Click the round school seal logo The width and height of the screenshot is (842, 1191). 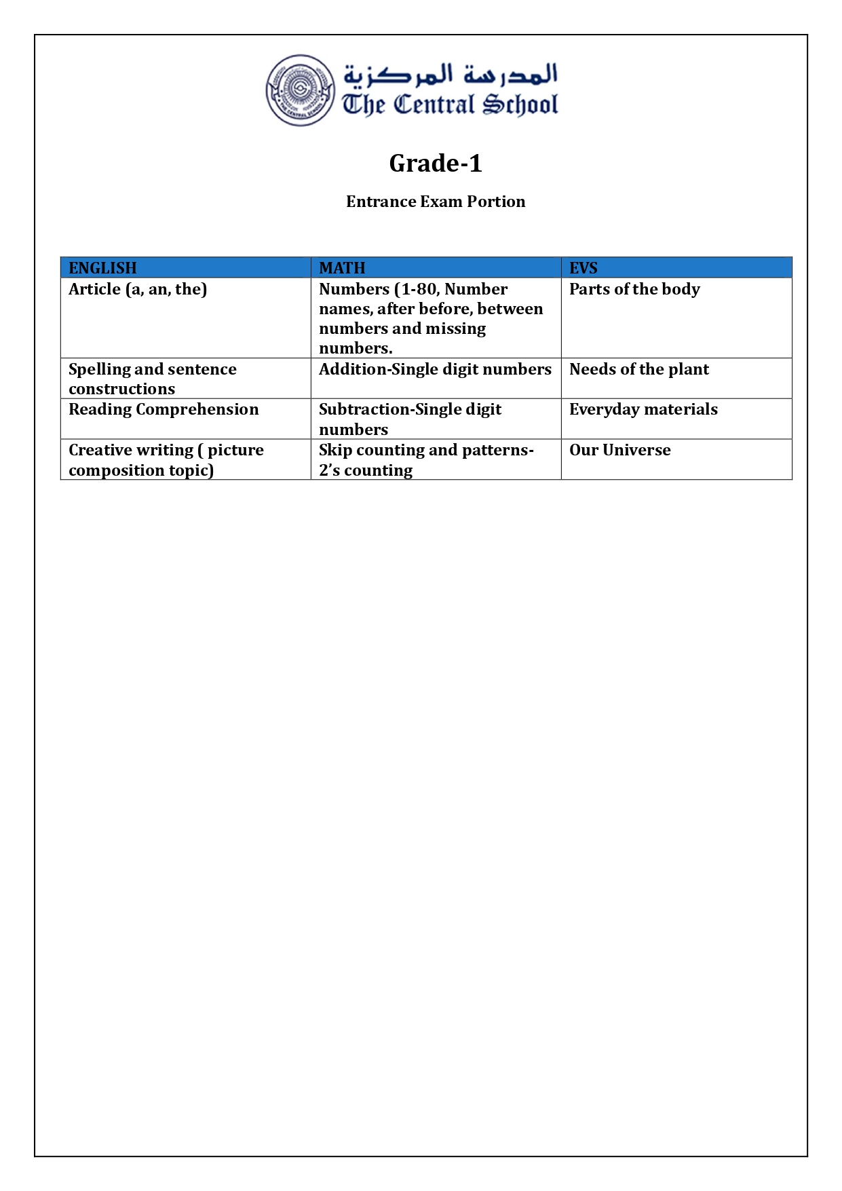pos(300,90)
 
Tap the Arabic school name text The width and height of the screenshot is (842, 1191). pos(451,74)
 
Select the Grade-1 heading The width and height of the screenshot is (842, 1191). pos(436,164)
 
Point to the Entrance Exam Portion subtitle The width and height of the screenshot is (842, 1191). pos(436,202)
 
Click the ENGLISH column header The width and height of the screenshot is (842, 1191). pos(102,268)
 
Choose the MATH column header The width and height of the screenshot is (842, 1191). pos(342,268)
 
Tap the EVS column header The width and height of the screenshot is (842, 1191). pos(583,268)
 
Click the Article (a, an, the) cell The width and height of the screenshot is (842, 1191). pos(138,289)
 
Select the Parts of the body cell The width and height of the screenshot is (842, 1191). pos(634,289)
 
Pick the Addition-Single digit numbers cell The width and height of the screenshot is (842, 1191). pos(435,369)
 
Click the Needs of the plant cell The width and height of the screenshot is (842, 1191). pos(638,369)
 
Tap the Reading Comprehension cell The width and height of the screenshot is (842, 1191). pos(164,409)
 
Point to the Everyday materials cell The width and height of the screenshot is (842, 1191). pos(643,409)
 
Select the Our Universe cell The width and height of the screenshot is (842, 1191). pos(619,450)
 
